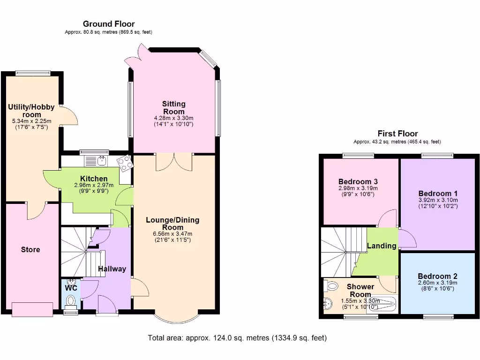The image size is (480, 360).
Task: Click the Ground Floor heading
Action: coord(109,24)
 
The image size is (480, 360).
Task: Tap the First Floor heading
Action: coord(397,134)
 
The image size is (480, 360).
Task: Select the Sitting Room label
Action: coord(174,107)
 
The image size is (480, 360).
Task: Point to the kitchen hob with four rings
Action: coord(125,163)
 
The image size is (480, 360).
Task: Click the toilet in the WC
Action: coord(71,300)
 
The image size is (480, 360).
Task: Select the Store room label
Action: coord(30,249)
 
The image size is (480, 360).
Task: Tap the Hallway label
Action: coord(112,269)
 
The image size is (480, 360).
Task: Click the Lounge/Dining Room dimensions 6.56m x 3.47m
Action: coord(172,233)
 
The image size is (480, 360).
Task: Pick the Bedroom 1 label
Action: coord(438,193)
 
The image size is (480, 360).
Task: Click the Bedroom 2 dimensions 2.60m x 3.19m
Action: coord(438,283)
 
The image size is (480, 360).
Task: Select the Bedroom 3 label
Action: coord(358,181)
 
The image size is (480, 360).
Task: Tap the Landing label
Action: coord(382,246)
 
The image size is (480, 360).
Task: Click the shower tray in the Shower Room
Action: coord(382,305)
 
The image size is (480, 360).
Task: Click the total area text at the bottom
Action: coord(237,337)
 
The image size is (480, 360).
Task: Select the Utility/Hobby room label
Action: coord(31,111)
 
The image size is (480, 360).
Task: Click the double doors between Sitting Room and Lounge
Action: coord(174,162)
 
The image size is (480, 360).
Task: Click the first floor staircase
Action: coord(343,251)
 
